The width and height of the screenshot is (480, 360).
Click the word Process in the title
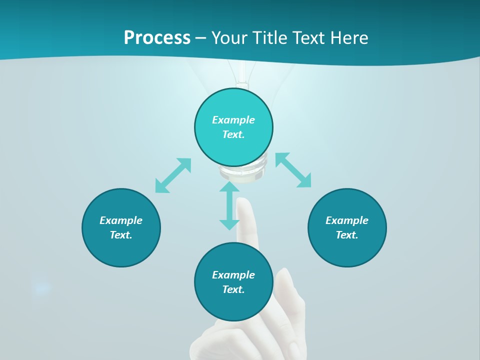157,37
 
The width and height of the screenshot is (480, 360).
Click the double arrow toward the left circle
173,175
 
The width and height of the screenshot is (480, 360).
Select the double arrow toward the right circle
293,170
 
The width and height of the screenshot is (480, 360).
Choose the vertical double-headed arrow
229,206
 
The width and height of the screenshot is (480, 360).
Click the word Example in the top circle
233,120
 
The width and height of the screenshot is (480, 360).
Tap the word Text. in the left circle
121,235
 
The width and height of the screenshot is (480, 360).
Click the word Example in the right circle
347,220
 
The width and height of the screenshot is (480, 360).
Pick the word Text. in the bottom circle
233,289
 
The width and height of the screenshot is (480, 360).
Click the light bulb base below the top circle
242,174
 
